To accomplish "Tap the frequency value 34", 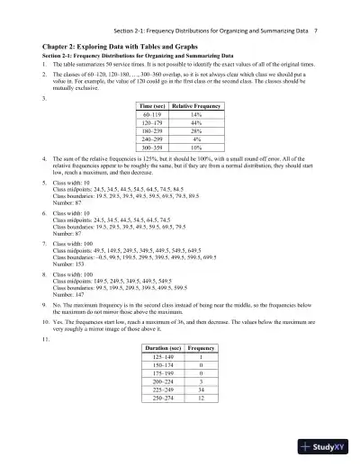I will pyautogui.click(x=209, y=416).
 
